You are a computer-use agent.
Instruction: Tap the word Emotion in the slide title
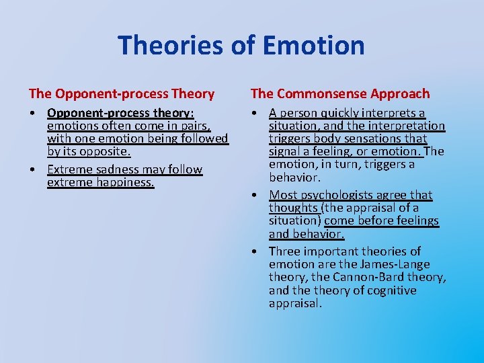[313, 46]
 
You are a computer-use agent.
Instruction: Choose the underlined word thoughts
[294, 208]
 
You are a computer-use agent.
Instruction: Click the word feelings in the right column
[415, 220]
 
